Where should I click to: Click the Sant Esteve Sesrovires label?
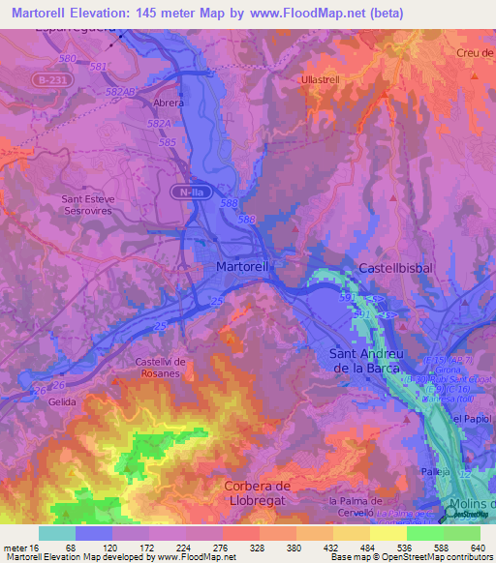(x=94, y=205)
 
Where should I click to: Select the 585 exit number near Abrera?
(x=167, y=142)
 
